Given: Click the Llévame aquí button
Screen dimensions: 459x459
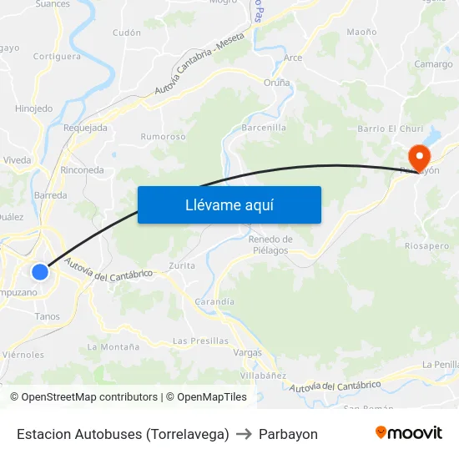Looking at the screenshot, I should coord(229,204).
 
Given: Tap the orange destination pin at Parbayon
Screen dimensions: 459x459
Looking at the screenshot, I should coord(417,156).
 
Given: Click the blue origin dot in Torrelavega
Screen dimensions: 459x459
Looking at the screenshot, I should coord(39,272).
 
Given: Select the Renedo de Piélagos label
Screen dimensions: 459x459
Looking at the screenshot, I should coord(269,245).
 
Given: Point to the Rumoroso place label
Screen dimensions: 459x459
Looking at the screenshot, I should coord(163,136).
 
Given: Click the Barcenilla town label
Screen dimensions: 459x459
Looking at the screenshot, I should coord(264,128).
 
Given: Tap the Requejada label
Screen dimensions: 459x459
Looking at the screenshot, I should coord(85,128).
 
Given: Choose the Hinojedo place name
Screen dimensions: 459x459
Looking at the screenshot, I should coord(33,108).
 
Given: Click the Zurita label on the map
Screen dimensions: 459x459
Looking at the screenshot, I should coord(182,265).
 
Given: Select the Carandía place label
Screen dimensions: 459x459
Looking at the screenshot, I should coord(214,301).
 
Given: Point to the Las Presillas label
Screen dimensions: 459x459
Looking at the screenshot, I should coord(200,340).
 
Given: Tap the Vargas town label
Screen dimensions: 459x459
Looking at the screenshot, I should coord(247,353).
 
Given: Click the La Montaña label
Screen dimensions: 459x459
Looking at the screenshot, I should coord(113,346).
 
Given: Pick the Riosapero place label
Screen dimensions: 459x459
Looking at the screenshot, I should coord(427,246).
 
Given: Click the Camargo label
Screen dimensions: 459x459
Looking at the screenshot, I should coord(434,64).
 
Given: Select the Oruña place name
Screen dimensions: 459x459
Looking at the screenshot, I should coord(277,83).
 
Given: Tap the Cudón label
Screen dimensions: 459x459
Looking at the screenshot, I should coord(127,33).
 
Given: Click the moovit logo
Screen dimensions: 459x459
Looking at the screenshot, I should coord(408,433).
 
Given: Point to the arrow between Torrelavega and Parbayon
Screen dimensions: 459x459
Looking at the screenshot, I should coord(244,434).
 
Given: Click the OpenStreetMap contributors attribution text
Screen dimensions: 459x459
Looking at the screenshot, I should coord(86,397).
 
